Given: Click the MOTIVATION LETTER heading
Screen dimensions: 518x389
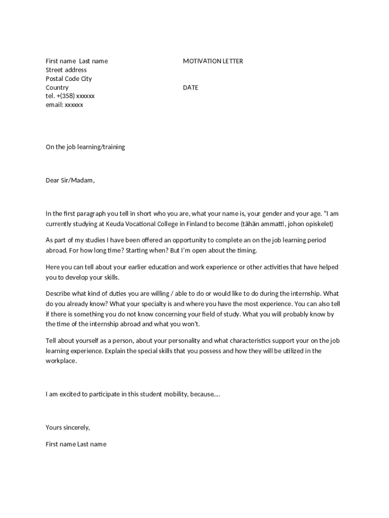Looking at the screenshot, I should pos(213,61).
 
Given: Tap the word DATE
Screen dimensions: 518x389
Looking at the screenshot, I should pos(190,88).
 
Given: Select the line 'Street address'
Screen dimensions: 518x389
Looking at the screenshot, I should pos(66,70).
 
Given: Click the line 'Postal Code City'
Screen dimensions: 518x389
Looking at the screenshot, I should pos(69,79).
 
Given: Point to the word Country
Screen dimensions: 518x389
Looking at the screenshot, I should pos(57,88).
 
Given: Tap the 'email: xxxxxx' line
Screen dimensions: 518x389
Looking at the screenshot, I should pos(65,105).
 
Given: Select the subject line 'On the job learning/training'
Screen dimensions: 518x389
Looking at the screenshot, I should pos(85,147).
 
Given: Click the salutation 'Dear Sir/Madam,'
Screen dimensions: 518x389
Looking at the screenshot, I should pos(70,180).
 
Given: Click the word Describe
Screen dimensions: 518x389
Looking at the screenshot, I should pos(60,293).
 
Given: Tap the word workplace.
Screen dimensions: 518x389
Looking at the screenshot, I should pos(61,361).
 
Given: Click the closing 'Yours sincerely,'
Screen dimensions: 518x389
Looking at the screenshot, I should pos(68,427).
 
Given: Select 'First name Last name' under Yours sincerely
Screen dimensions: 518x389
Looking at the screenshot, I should pos(76,445).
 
